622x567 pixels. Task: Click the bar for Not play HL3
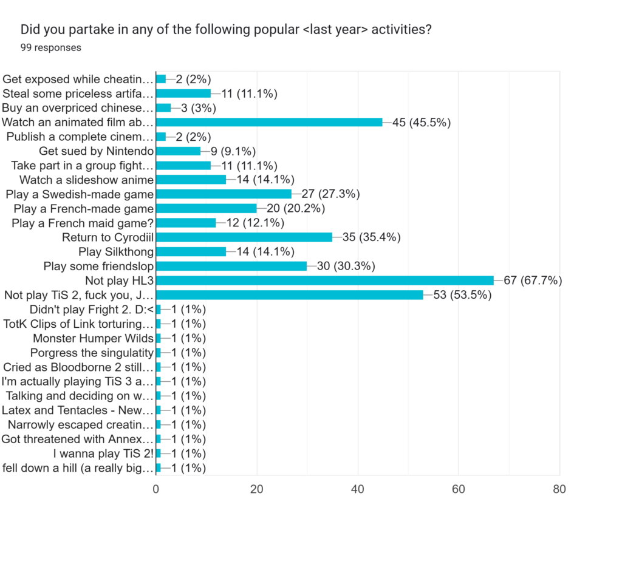point(325,280)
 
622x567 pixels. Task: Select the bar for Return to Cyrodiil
point(244,237)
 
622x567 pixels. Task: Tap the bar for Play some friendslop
point(231,266)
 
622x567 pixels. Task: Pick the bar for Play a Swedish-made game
point(224,194)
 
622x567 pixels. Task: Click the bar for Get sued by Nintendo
point(178,151)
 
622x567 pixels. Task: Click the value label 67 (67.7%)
point(532,280)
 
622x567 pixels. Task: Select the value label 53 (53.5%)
point(462,295)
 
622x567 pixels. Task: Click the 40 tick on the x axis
point(358,489)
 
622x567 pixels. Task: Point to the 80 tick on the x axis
point(559,489)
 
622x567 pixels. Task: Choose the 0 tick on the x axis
point(156,489)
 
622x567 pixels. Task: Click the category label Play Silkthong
point(116,252)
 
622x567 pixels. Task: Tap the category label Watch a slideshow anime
point(87,180)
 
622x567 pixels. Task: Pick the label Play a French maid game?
point(83,223)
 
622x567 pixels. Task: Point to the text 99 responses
point(51,47)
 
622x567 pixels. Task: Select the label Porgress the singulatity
point(92,353)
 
